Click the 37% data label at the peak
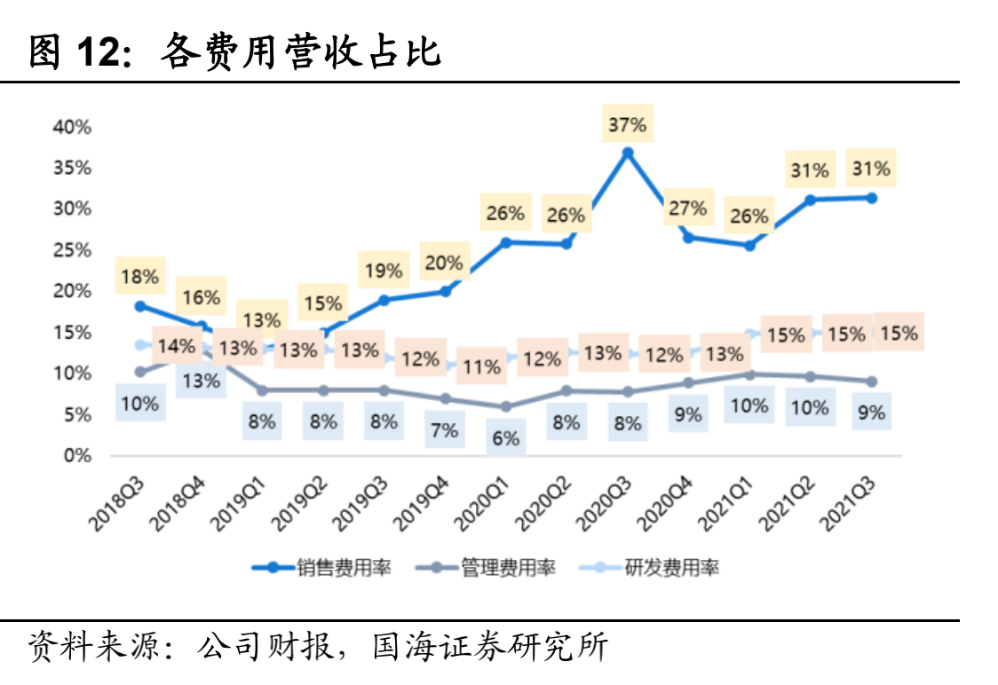(627, 125)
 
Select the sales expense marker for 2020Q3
(627, 153)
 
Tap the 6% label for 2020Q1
(505, 437)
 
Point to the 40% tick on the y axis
(72, 127)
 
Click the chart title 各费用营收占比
(300, 53)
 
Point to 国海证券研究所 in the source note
(491, 646)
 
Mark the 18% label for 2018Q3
(139, 276)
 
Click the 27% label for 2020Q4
(687, 209)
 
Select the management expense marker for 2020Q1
(505, 406)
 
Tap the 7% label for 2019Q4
(444, 430)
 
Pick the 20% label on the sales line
(444, 263)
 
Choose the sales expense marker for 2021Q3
(871, 198)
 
